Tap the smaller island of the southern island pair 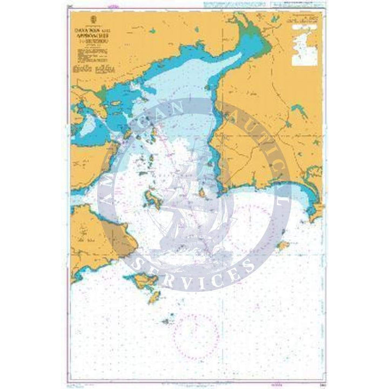pos(155,296)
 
